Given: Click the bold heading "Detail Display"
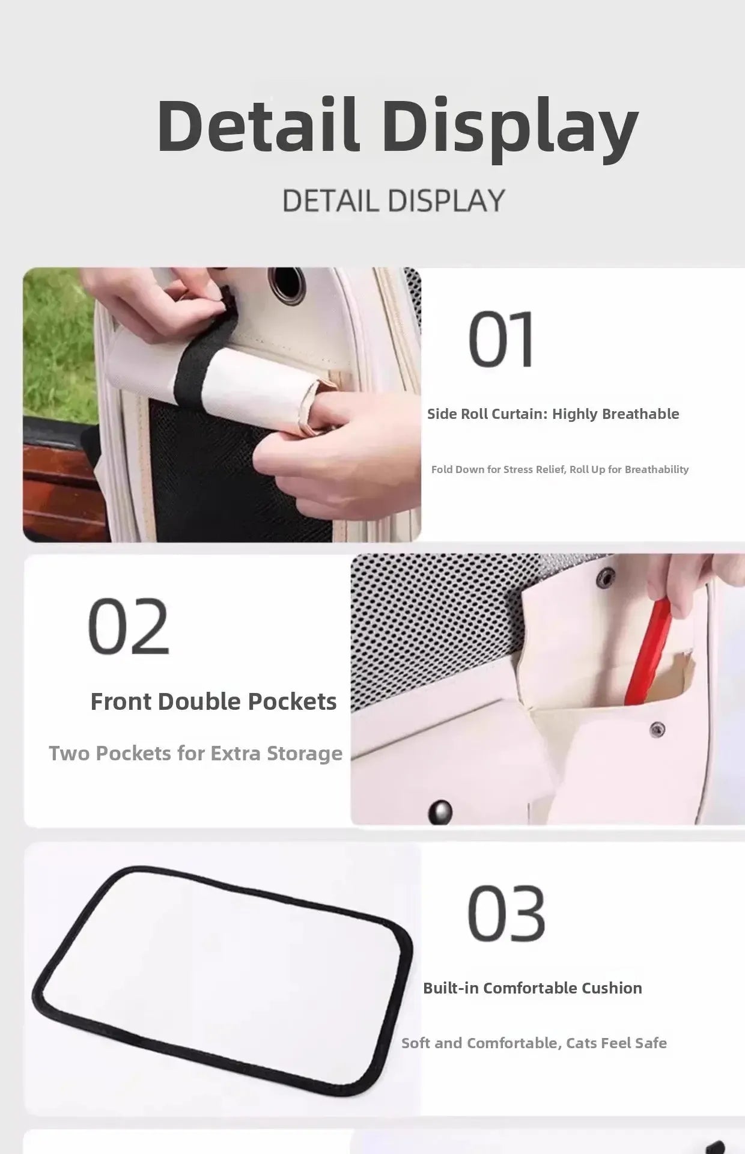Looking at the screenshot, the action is point(397,127).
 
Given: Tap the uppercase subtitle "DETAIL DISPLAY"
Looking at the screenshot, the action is point(394,200).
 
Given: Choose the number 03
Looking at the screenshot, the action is point(506,914).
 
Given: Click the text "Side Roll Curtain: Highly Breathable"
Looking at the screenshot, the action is point(553,414).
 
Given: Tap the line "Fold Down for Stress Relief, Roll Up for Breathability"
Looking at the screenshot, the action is point(560,469).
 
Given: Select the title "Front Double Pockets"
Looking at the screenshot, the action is point(213,701).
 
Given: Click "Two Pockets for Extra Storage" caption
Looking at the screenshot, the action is point(195,753).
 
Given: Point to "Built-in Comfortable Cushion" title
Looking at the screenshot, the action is point(532,988).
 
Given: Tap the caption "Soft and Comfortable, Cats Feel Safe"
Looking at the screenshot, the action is point(534,1043).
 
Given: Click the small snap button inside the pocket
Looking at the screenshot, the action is point(657,729).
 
